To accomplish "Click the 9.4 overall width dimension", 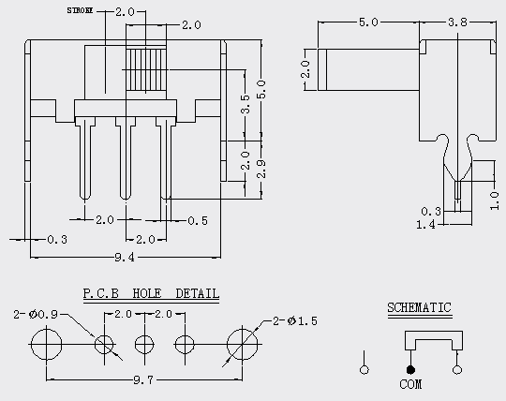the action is [x=125, y=257].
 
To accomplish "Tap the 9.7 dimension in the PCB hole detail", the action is [x=143, y=379].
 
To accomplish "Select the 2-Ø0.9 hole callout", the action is [x=36, y=314].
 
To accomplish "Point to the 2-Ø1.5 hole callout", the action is [x=295, y=321].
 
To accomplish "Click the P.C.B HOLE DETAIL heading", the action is [x=151, y=293].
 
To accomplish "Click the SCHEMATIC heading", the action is [x=419, y=307].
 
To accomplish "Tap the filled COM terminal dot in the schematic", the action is [x=410, y=370].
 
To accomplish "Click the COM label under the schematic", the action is [x=410, y=384].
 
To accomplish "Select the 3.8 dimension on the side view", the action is [x=457, y=22].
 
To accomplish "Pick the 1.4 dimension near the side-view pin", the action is [x=425, y=224].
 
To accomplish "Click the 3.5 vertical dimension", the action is [x=246, y=104].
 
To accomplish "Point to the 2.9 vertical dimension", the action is [x=261, y=169].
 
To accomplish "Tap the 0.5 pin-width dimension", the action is [x=198, y=221].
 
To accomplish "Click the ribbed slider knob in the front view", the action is [x=146, y=69].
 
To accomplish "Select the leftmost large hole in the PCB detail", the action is [x=47, y=344].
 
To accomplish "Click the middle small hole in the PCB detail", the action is [x=144, y=344].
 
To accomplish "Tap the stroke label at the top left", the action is [x=80, y=10].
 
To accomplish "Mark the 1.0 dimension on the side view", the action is [x=494, y=200].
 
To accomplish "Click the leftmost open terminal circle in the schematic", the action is [x=365, y=370].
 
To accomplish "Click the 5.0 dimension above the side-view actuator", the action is [x=368, y=22].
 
